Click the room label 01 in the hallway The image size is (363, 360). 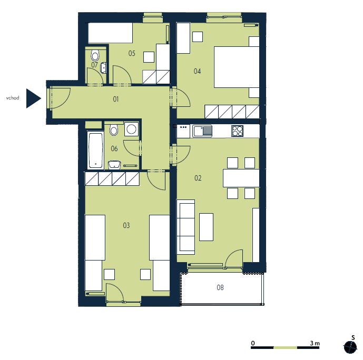[x=116, y=99]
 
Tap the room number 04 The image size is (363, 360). [x=197, y=71]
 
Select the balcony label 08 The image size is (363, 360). [x=220, y=287]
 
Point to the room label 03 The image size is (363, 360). [x=126, y=225]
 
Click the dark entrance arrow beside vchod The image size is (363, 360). [x=34, y=98]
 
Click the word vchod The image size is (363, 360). [x=13, y=98]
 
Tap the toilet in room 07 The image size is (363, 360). [x=95, y=55]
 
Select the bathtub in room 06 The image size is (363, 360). [x=95, y=151]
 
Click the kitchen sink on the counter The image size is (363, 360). [x=202, y=131]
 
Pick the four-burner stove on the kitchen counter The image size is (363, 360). [x=237, y=131]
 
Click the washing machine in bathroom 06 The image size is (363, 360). [x=131, y=129]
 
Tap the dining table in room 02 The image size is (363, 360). [x=241, y=178]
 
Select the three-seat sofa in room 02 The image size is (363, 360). [x=185, y=227]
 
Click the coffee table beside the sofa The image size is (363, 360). [x=206, y=227]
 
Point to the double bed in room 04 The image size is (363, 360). [x=237, y=67]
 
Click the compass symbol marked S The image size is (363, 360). [x=350, y=347]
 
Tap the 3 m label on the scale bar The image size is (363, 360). [x=315, y=343]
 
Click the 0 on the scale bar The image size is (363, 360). [x=253, y=343]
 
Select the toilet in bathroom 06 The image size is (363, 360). [x=114, y=130]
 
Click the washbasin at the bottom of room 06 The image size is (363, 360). [x=114, y=165]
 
